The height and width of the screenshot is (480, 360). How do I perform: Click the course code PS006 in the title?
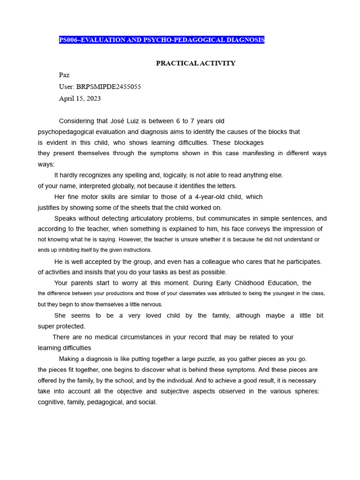tap(68, 40)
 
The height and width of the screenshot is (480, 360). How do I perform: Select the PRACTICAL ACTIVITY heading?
tap(195, 63)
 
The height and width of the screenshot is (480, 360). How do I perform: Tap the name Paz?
tap(64, 75)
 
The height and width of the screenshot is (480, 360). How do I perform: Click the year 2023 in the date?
tap(92, 98)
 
